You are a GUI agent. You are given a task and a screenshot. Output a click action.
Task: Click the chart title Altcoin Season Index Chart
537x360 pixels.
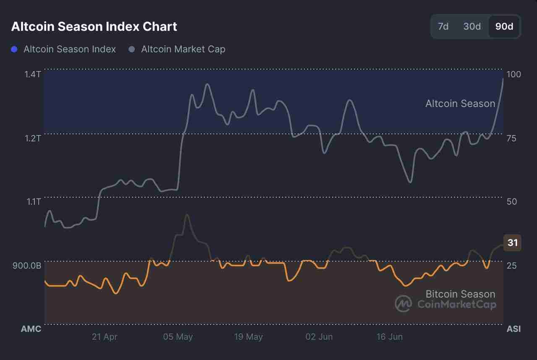(94, 26)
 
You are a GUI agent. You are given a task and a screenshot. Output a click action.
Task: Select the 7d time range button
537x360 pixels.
(443, 26)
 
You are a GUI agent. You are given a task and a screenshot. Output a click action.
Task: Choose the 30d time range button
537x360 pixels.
(472, 26)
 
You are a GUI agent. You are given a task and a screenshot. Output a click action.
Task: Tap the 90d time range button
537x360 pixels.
(504, 26)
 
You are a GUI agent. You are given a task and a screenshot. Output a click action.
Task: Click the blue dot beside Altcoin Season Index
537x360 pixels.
(14, 49)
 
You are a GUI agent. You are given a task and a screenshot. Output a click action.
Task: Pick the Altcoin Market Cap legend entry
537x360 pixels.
(183, 49)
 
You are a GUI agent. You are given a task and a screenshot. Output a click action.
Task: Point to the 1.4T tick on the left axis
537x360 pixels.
(32, 74)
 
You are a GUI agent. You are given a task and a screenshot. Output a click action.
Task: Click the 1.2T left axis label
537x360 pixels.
(32, 138)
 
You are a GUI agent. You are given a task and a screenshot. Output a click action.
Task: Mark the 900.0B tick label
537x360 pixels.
(27, 266)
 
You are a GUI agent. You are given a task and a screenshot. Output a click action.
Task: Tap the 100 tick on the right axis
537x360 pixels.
(514, 74)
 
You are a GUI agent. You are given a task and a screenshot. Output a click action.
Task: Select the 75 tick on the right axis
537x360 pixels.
(511, 138)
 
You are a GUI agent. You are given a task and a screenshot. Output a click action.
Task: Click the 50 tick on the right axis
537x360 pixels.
(511, 202)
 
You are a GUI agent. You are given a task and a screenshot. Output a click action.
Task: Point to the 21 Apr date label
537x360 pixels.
(104, 337)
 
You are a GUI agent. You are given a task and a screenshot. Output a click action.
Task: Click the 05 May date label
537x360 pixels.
(178, 337)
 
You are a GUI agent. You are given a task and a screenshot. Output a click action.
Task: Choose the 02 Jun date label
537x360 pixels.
(319, 337)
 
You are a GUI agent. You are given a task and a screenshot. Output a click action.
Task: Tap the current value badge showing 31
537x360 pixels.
(512, 243)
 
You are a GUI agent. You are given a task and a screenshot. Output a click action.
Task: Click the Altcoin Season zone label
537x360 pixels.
(460, 103)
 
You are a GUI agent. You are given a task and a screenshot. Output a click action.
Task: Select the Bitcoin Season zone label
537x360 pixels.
(460, 294)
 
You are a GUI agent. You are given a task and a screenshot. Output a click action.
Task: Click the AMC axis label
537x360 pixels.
(31, 329)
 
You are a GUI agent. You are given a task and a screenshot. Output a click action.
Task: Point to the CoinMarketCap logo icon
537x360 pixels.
(403, 304)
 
